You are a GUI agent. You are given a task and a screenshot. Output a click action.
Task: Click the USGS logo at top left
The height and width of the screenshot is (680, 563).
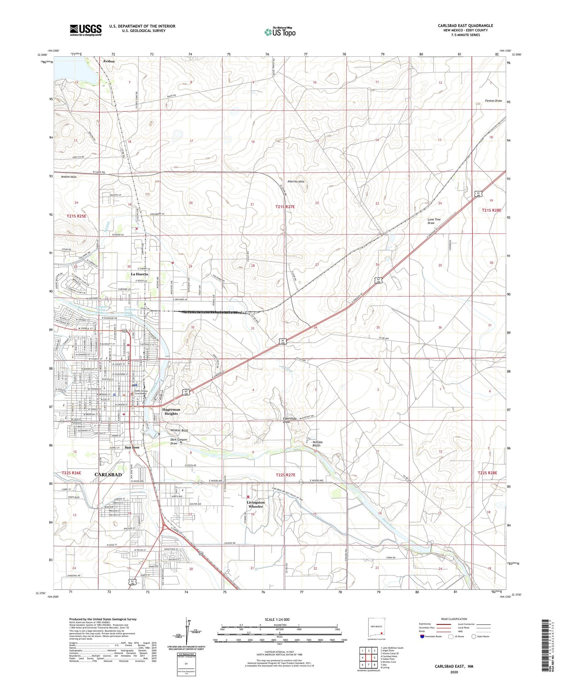[85, 30]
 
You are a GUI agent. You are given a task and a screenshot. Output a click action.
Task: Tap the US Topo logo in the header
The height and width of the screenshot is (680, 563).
[280, 32]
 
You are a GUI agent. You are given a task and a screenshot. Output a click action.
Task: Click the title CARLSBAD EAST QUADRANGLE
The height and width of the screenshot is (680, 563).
[465, 26]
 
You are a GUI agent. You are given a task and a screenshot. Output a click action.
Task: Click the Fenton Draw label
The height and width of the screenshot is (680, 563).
[493, 101]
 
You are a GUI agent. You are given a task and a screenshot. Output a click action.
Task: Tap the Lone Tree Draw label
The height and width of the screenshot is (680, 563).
[434, 221]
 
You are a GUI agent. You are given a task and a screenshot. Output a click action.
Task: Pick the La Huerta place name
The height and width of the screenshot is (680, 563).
[139, 274]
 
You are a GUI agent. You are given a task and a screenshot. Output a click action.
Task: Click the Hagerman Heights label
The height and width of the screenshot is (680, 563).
[171, 411]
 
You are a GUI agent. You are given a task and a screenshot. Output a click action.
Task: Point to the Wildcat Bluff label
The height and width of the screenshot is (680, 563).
[179, 431]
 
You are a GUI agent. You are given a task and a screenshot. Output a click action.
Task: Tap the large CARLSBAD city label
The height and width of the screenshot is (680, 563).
[108, 474]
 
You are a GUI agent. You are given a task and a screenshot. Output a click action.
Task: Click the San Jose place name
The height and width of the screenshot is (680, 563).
[132, 447]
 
